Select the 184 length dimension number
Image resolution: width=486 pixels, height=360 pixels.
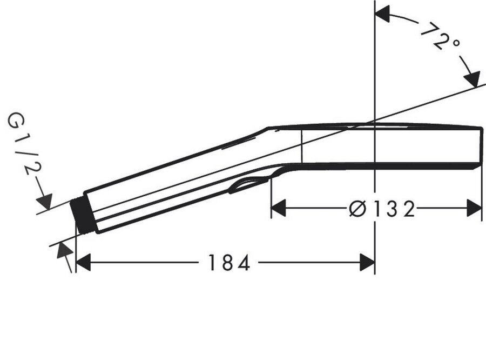pyautogui.click(x=229, y=263)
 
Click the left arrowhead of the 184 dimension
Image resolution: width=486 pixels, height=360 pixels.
pyautogui.click(x=83, y=263)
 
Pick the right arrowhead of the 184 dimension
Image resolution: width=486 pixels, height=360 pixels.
pyautogui.click(x=368, y=263)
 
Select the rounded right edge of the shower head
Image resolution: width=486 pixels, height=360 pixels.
pyautogui.click(x=480, y=146)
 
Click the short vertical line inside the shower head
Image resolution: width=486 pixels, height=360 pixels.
pyautogui.click(x=301, y=146)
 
